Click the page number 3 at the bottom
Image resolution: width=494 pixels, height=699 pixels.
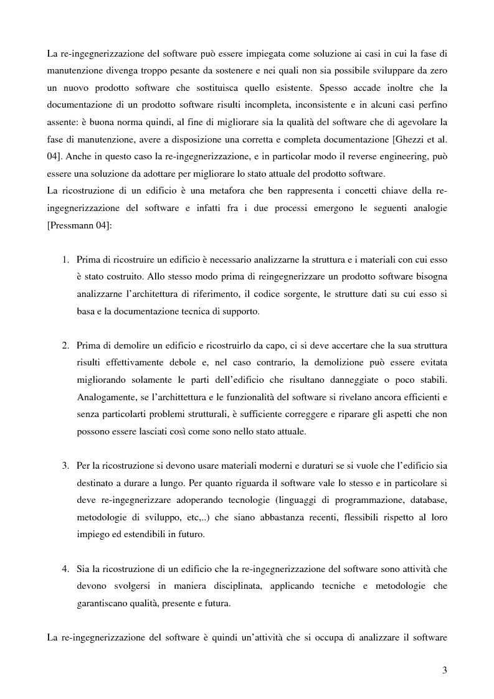tap(444, 670)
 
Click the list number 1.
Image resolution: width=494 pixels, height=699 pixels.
tap(65, 259)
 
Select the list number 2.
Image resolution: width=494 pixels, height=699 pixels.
tap(65, 345)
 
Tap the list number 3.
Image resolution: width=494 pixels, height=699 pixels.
tap(65, 466)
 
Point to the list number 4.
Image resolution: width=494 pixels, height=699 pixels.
tap(65, 569)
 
